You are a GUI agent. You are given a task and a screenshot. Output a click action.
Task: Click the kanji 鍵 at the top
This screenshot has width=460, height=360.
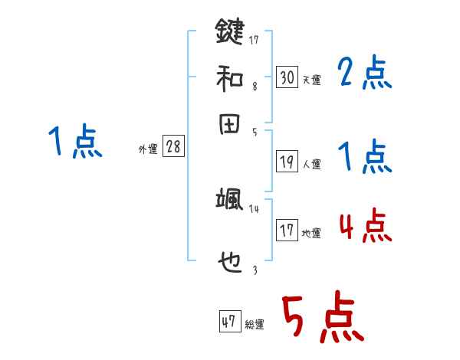pos(229,33)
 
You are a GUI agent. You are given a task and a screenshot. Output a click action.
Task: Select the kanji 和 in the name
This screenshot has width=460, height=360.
pos(229,78)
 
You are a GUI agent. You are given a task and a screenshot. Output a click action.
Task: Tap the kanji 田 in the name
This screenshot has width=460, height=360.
pos(229,124)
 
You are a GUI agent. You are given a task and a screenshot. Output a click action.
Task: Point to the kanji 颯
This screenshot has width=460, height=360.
pos(229,200)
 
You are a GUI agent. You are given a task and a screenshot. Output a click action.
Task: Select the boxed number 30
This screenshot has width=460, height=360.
pos(287,77)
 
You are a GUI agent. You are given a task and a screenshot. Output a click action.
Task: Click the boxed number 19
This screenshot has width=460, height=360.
pos(287,162)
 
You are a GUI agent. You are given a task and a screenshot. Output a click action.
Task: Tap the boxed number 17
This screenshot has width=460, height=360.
pos(287,231)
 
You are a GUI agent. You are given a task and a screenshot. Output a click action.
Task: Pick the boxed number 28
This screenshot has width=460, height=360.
pos(173,147)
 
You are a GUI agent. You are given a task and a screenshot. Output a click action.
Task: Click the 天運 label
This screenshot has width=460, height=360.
pos(311,80)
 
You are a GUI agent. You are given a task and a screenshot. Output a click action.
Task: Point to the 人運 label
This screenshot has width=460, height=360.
pos(311,164)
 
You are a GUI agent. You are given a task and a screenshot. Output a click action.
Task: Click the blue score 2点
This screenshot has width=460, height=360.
pos(364,74)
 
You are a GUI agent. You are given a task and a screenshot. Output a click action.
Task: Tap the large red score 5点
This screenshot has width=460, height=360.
pos(322,319)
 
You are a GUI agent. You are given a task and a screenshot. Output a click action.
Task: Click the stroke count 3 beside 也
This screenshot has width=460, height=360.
pos(255,270)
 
